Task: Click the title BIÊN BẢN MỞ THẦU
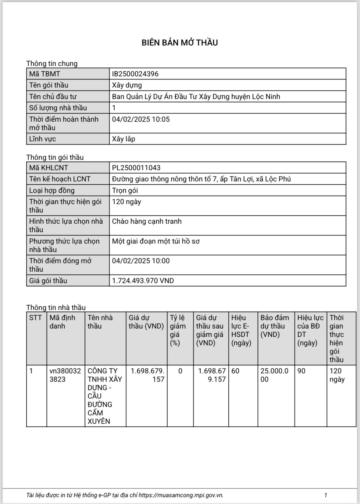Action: pos(180,43)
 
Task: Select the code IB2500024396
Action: pos(135,74)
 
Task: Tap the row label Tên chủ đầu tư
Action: pos(53,97)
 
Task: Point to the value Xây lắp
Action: pos(124,139)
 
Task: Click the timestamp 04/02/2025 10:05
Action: pos(141,119)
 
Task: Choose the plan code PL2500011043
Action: pos(136,168)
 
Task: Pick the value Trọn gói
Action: pos(125,190)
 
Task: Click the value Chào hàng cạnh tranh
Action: pos(147,221)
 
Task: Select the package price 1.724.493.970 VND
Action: pos(143,281)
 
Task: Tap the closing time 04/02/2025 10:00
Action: pos(141,261)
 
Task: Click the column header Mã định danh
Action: pos(62,322)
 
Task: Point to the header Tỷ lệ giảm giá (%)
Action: pos(178,330)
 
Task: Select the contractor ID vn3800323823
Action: pos(65,375)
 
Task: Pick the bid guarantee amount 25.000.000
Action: pos(274,375)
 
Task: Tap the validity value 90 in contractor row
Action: pos(301,371)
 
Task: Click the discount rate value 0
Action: pos(180,371)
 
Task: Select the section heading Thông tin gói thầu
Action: pos(55,157)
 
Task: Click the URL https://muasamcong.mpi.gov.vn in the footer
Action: pos(181,495)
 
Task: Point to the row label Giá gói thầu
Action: pos(48,281)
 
